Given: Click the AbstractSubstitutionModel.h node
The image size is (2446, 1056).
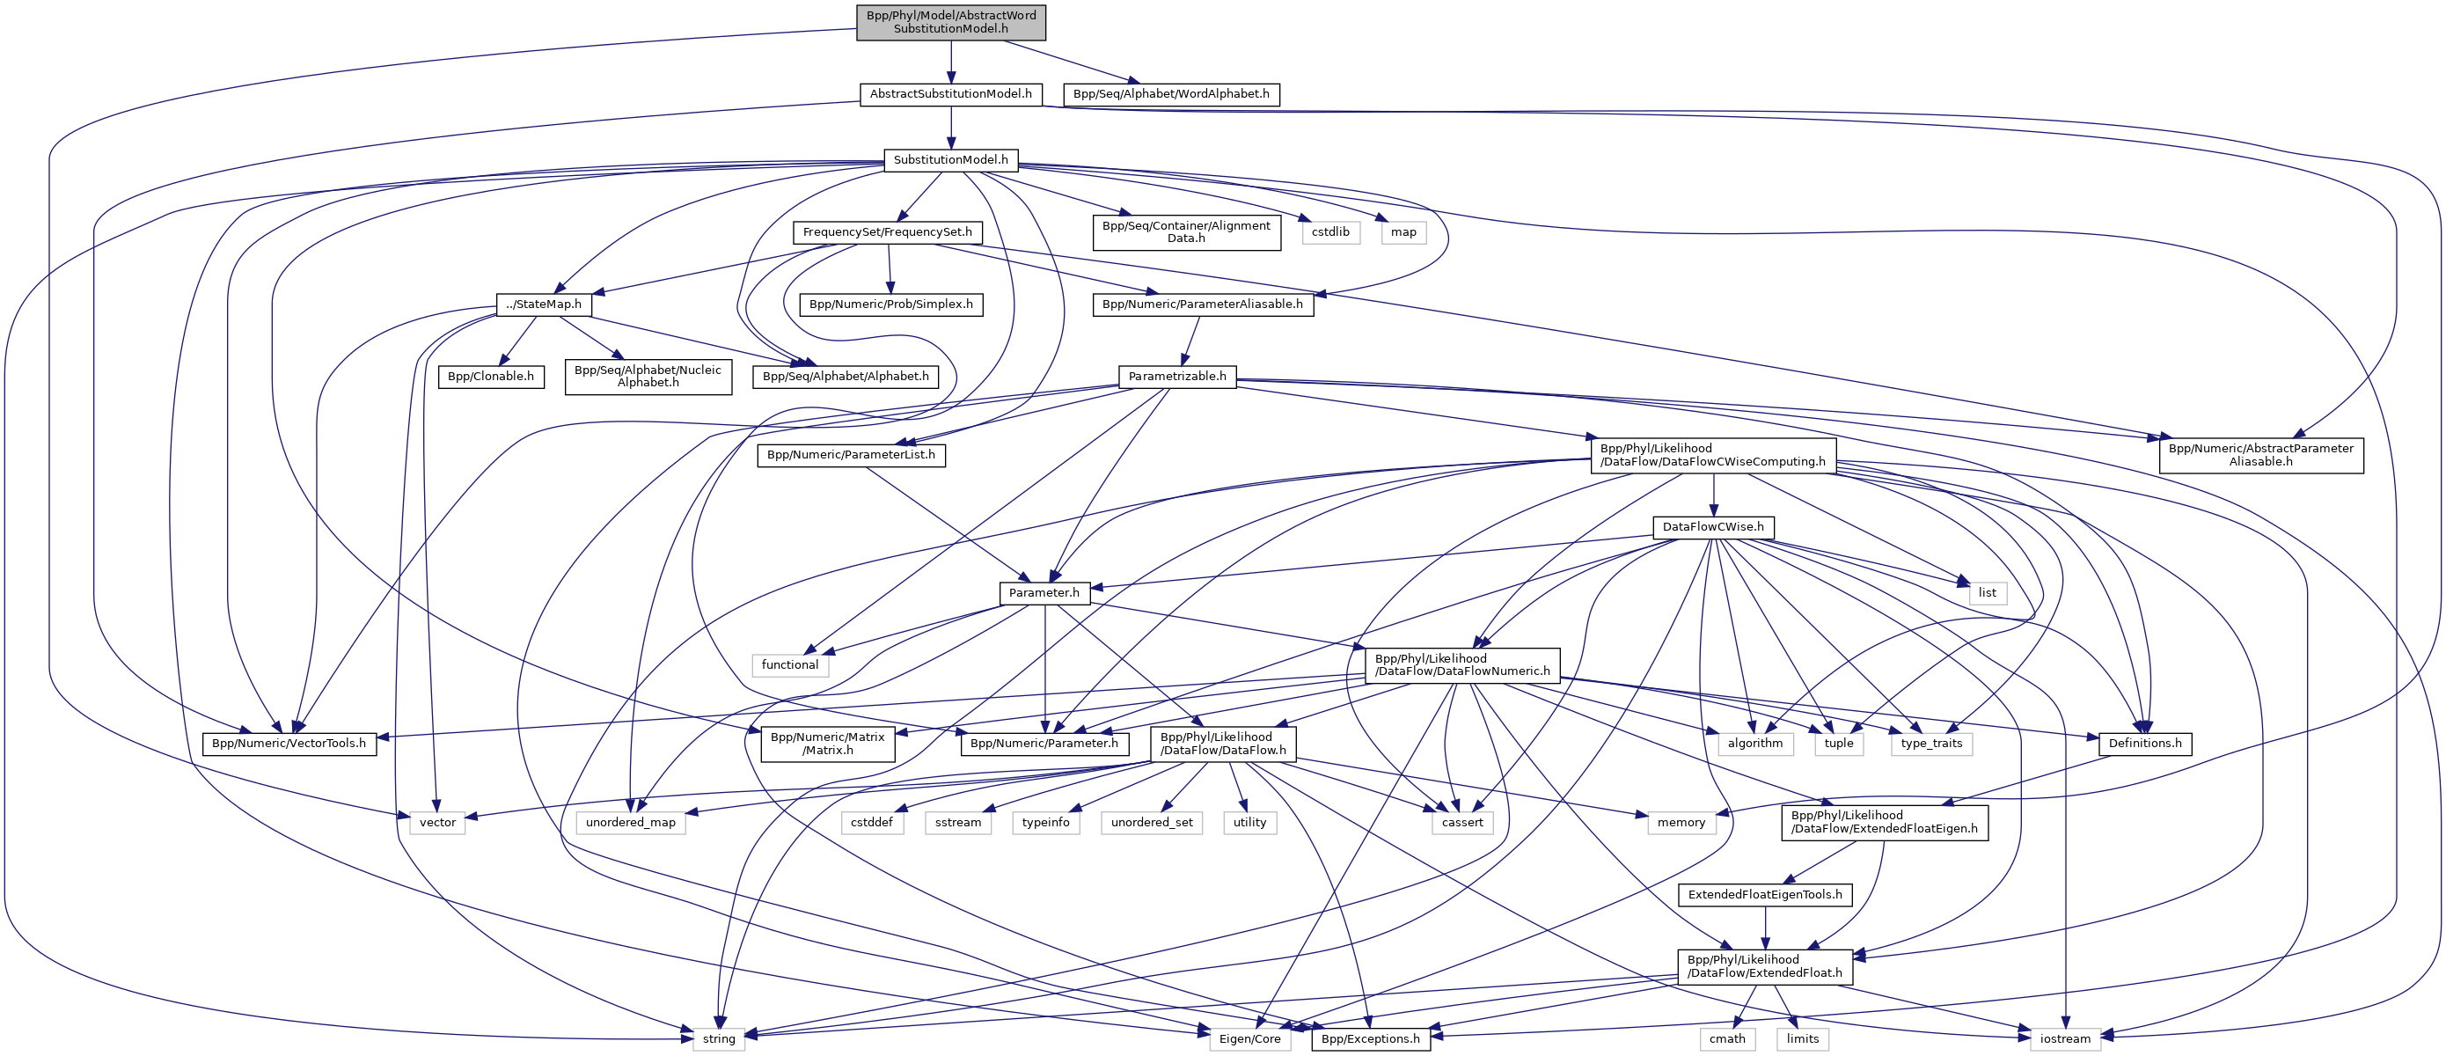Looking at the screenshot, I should coord(950,94).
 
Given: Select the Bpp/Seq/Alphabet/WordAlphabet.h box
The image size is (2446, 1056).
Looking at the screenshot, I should coord(1171,94).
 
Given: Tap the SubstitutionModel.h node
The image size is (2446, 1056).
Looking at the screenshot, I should coord(950,159).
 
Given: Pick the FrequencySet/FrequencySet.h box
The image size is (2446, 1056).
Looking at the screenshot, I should coord(887,231).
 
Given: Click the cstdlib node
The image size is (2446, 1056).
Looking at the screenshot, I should coord(1330,231).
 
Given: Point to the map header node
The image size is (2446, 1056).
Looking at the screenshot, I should coord(1402,231).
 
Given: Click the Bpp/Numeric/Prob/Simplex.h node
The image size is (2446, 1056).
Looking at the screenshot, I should coord(890,304).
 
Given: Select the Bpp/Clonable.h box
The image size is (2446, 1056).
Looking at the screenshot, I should coord(490,376).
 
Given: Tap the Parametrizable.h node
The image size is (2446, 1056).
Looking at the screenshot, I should coord(1176,376).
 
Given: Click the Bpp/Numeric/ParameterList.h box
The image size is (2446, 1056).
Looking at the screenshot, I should coord(851,455).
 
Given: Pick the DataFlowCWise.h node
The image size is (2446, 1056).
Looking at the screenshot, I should coord(1713,527).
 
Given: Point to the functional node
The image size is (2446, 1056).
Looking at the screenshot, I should coord(789,664).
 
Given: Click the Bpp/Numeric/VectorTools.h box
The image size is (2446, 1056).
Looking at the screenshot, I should coord(289,744).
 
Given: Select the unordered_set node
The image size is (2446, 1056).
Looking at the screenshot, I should coord(1152,823).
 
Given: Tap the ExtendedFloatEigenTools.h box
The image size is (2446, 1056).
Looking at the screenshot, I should coord(1764,895).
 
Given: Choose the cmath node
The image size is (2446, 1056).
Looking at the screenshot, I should coord(1727,1039).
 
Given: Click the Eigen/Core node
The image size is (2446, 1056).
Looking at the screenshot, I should coord(1249,1039).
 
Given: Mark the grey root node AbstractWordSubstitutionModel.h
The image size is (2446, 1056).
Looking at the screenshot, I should coord(950,22).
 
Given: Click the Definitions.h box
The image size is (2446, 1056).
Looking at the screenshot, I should coord(2144,744).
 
